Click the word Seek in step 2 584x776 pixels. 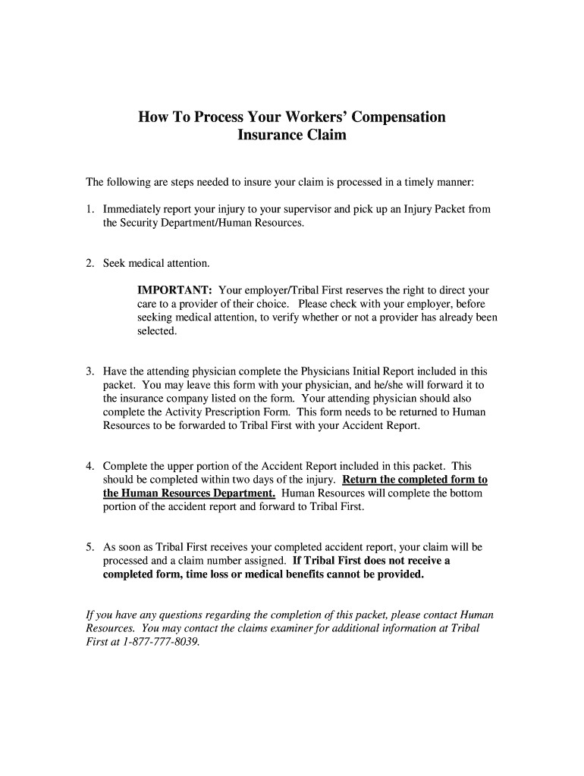pos(115,263)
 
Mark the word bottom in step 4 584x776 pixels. pos(466,493)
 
